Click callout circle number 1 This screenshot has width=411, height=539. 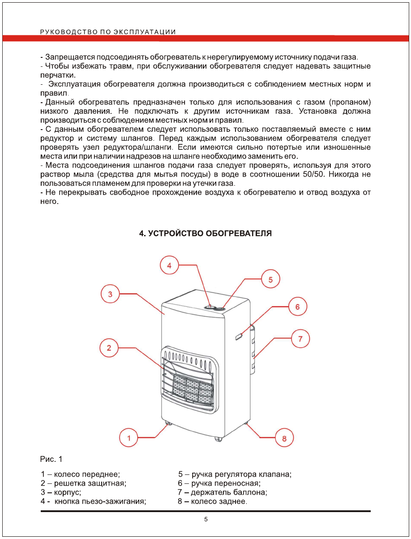pyautogui.click(x=129, y=437)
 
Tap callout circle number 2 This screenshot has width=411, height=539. pyautogui.click(x=109, y=347)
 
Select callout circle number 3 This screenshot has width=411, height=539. pyautogui.click(x=110, y=294)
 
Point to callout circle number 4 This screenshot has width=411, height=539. pyautogui.click(x=169, y=265)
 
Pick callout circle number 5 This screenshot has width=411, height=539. pyautogui.click(x=270, y=279)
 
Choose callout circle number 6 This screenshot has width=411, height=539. pyautogui.click(x=297, y=307)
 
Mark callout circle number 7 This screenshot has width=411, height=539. pyautogui.click(x=300, y=339)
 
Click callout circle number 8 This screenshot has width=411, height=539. pyautogui.click(x=284, y=438)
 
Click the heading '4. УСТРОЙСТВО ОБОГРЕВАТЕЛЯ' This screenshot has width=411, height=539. pyautogui.click(x=205, y=234)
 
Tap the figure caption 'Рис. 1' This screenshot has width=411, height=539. pyautogui.click(x=51, y=459)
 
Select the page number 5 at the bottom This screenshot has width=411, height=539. pyautogui.click(x=206, y=520)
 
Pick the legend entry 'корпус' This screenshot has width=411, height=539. pyautogui.click(x=67, y=492)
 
